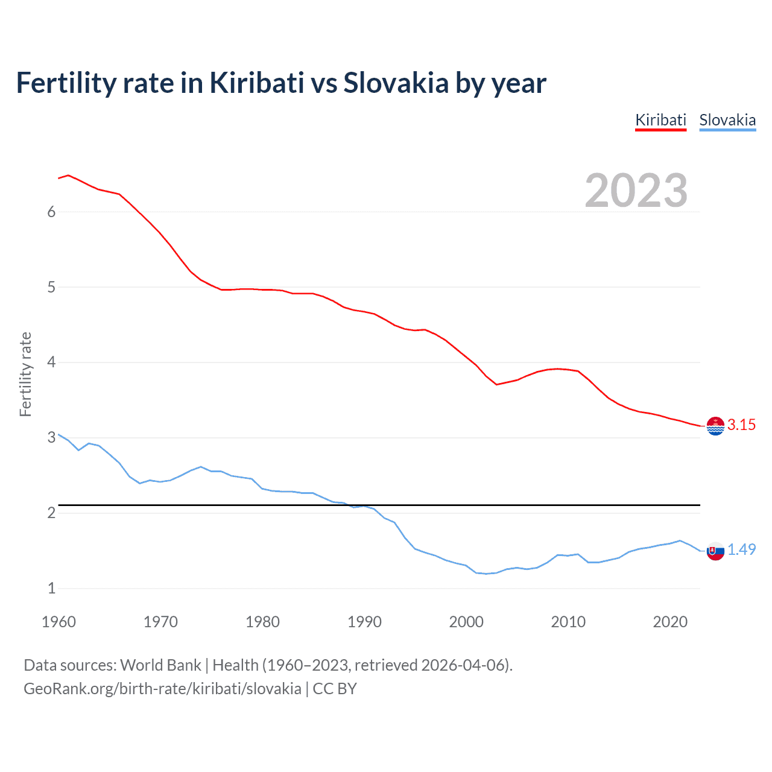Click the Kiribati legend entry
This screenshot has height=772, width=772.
(x=660, y=120)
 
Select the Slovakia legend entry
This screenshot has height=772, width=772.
(x=727, y=120)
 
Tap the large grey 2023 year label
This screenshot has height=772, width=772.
(x=636, y=191)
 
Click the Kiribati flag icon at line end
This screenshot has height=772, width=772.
(x=715, y=426)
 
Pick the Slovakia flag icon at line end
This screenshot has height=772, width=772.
(x=715, y=551)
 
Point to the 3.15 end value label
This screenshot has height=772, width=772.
(x=741, y=425)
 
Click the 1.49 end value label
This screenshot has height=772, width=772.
(x=741, y=549)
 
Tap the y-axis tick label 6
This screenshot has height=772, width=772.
(x=51, y=212)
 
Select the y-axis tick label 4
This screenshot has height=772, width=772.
(x=51, y=362)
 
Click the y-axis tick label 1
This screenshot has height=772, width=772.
(x=51, y=588)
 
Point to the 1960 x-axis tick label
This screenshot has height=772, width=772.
(x=59, y=622)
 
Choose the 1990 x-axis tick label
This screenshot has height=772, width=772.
(x=364, y=622)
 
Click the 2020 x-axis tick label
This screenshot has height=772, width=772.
(x=670, y=622)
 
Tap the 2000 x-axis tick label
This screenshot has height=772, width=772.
(x=466, y=622)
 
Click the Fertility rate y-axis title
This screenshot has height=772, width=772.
(x=25, y=374)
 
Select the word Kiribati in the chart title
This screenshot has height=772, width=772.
(x=257, y=83)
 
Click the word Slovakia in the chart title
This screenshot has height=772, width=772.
(x=396, y=83)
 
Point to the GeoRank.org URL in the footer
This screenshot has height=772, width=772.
(x=162, y=689)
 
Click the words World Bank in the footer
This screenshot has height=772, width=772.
(x=160, y=665)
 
